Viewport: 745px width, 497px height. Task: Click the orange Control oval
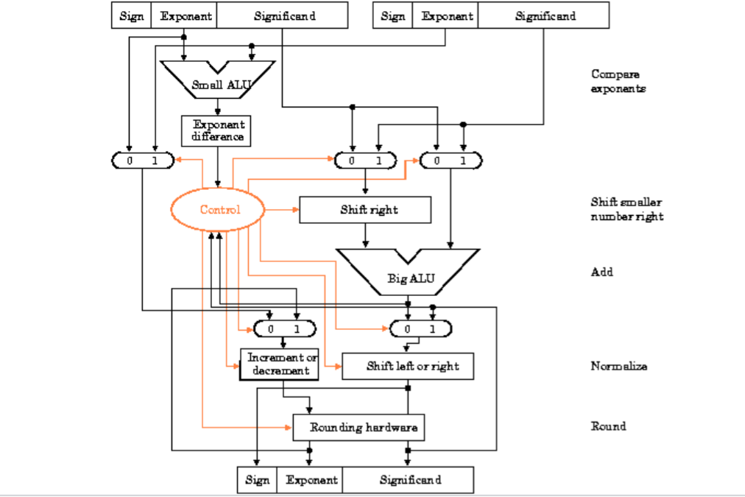click(x=220, y=210)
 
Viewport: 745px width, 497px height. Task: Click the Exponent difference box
click(x=218, y=130)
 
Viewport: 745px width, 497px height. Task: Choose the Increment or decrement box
click(x=279, y=364)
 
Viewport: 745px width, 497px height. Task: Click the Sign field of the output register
click(x=256, y=480)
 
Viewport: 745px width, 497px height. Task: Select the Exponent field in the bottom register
click(x=311, y=480)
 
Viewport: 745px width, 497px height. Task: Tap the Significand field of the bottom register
click(x=410, y=480)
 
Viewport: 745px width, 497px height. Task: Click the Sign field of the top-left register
click(x=131, y=16)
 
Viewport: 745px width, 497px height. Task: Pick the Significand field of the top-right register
click(x=543, y=16)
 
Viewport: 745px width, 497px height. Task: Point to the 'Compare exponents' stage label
click(x=618, y=81)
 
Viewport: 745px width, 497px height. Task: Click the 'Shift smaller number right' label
click(x=626, y=209)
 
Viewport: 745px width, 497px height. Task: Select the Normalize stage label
click(x=618, y=366)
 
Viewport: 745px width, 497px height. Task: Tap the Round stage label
click(x=608, y=426)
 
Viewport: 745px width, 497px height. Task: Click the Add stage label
click(x=601, y=272)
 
